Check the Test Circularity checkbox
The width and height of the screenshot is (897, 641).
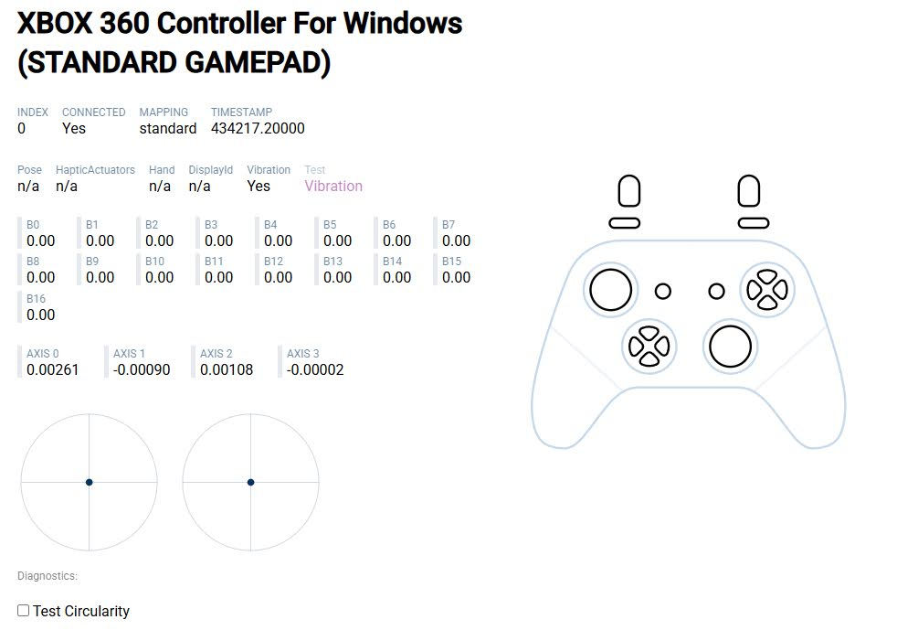24,611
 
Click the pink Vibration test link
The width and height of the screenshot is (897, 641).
333,187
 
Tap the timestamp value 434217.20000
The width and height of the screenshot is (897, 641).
258,128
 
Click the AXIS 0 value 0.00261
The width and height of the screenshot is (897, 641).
53,369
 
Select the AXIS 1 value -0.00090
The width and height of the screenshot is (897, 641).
142,369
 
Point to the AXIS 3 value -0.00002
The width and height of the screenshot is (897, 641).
315,369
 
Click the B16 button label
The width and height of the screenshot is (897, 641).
36,298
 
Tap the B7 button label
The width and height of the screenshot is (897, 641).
448,225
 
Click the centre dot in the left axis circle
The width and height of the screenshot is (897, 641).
90,482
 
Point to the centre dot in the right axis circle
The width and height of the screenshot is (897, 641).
250,482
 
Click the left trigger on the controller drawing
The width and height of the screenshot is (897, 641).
629,191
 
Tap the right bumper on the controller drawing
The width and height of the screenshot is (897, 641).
754,223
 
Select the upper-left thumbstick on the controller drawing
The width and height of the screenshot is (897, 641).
610,290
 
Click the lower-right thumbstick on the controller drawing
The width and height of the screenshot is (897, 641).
730,347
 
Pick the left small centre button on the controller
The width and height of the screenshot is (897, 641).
663,291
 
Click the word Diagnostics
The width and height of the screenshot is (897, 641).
47,576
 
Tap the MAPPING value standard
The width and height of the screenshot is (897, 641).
167,128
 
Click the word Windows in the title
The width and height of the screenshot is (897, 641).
402,24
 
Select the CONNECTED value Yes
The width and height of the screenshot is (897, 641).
74,128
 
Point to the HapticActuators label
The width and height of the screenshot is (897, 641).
95,169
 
